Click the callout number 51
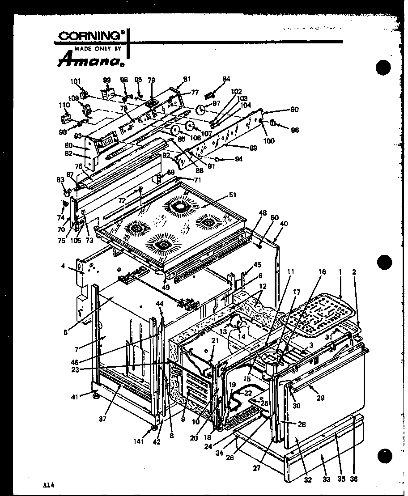pos(232,195)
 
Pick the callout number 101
pos(76,81)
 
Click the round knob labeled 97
pos(200,109)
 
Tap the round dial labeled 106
pos(174,130)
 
